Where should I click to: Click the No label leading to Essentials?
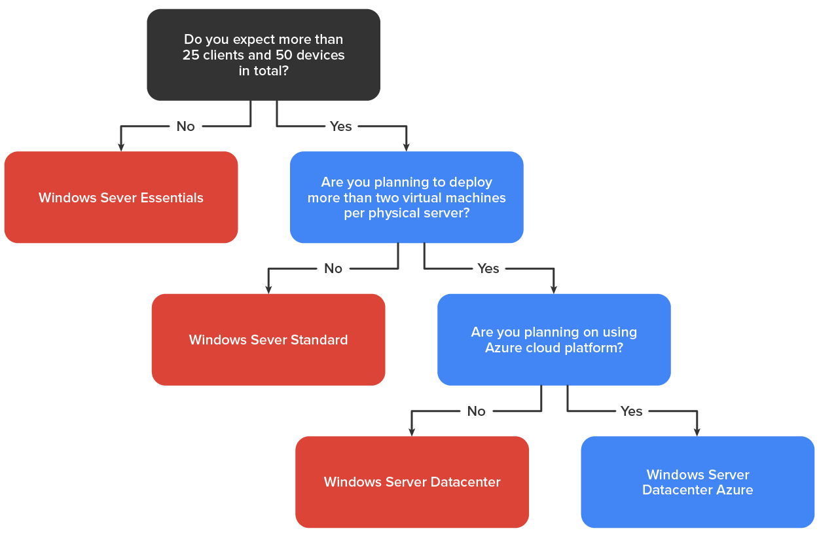tap(186, 126)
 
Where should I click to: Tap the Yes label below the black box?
tap(340, 126)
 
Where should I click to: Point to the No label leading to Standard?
tap(333, 268)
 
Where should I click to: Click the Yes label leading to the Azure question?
tap(488, 268)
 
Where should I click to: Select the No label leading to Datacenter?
tap(477, 411)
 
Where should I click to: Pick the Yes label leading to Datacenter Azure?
tap(631, 411)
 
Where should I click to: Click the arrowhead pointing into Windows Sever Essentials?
tap(121, 147)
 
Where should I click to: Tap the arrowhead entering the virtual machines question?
tap(407, 147)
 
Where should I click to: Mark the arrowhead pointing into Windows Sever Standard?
tap(268, 289)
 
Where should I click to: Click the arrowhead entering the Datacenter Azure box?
tap(697, 432)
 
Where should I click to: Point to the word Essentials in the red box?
tap(172, 198)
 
